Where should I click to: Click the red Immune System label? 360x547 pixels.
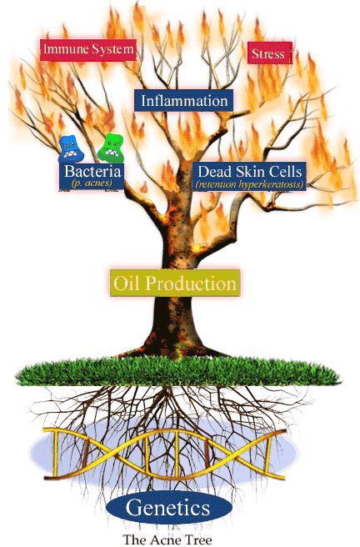click(x=87, y=50)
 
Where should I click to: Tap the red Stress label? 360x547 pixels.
click(x=269, y=53)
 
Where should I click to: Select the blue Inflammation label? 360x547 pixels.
click(x=183, y=101)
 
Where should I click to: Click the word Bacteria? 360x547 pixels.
click(x=92, y=171)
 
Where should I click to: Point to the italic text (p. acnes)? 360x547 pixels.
click(x=92, y=183)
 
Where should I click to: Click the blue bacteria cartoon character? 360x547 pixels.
click(x=71, y=148)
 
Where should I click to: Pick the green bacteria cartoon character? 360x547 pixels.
click(x=111, y=148)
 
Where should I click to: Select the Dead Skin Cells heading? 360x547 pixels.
click(x=249, y=172)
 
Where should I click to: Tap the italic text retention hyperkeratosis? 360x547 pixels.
click(x=249, y=184)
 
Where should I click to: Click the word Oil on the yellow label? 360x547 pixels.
click(x=127, y=283)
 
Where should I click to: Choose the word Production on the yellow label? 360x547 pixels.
click(x=191, y=284)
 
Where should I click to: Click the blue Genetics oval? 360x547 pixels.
click(x=168, y=508)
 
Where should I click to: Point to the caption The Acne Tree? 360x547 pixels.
click(x=167, y=539)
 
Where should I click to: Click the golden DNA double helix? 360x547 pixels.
click(x=165, y=454)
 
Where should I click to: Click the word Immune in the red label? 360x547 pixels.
click(x=64, y=48)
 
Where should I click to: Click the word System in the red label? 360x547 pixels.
click(x=112, y=49)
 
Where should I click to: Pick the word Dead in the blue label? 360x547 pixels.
click(x=215, y=172)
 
